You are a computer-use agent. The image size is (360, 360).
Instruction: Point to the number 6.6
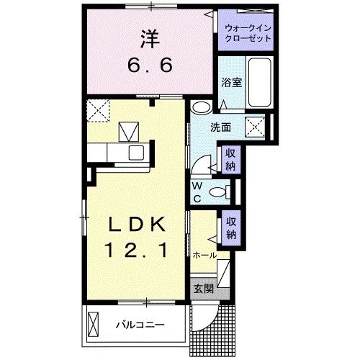(150, 66)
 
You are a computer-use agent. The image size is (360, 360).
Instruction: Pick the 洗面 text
(220, 127)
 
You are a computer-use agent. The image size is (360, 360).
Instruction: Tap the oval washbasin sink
(202, 109)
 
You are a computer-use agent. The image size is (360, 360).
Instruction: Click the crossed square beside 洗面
(257, 128)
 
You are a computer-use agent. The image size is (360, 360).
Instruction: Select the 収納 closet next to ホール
(230, 228)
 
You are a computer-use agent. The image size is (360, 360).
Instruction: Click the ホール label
(205, 255)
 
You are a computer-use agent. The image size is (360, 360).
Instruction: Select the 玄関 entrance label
(203, 289)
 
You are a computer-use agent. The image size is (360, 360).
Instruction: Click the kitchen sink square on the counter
(135, 153)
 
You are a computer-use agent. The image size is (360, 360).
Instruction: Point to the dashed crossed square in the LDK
(96, 109)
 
